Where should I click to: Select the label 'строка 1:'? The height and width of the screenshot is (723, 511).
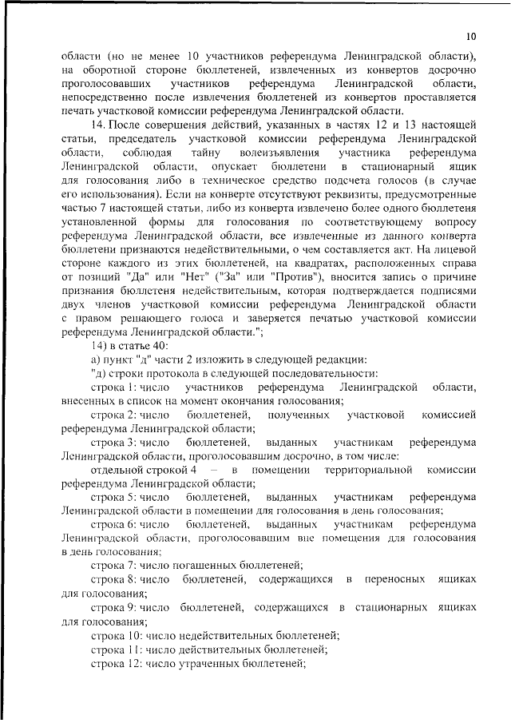click(x=113, y=387)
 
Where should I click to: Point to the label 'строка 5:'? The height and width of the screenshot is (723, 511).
click(x=113, y=497)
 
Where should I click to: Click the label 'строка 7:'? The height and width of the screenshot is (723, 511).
click(x=113, y=565)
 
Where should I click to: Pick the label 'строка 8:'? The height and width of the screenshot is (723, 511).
click(x=113, y=578)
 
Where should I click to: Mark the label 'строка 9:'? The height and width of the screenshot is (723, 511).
click(x=113, y=608)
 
